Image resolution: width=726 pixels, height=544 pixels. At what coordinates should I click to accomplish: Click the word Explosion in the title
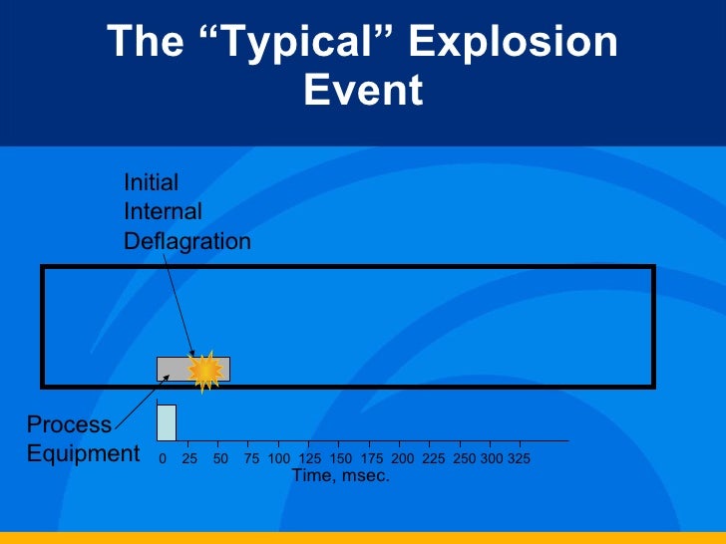pos(514,43)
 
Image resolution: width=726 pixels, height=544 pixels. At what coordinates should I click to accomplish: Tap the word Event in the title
pos(363,91)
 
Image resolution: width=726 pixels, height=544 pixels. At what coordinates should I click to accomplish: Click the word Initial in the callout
pos(151,182)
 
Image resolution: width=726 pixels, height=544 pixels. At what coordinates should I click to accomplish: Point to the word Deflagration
pos(186,241)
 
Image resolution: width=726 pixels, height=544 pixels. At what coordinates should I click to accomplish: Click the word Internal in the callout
pos(163,211)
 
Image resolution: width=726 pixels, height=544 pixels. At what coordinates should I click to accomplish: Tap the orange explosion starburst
pos(205,371)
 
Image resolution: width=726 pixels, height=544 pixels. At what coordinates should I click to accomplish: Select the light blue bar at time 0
pos(167,422)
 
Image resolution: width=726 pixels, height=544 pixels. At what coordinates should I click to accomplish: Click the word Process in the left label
pos(69,424)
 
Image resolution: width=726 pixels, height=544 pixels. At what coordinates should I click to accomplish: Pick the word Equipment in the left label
pos(83,454)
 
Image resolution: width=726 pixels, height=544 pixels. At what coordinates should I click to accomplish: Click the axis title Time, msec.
pos(340,476)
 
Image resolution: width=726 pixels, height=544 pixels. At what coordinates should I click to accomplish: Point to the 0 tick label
pos(163,459)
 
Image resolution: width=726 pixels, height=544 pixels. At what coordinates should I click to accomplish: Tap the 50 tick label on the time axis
pos(221,459)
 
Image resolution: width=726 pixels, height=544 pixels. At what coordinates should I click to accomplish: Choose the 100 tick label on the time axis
pos(279,459)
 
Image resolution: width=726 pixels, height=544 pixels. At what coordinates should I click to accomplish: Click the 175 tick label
pos(371,459)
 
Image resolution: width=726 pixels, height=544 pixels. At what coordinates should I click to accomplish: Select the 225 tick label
pos(433,459)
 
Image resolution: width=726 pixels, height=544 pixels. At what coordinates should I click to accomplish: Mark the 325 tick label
pos(519,459)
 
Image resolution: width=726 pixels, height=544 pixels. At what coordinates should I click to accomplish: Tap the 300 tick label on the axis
pos(492,459)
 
